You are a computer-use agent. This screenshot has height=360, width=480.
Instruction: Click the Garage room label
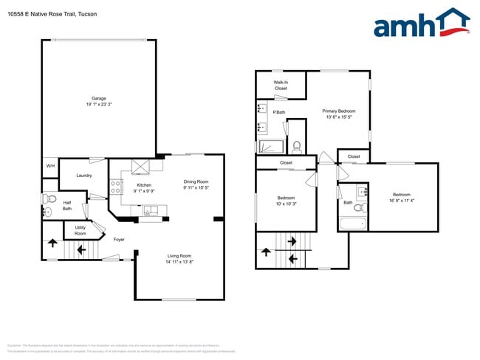98,99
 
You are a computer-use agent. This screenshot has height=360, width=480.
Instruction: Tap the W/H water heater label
50,166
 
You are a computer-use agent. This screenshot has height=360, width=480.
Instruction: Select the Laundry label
83,176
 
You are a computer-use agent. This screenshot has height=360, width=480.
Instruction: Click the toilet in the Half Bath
49,198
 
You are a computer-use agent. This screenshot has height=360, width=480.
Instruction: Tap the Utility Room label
80,231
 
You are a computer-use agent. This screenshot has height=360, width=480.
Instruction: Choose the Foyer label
119,240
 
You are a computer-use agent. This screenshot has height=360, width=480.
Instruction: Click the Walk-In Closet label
281,86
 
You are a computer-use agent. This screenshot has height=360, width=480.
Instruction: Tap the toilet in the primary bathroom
297,145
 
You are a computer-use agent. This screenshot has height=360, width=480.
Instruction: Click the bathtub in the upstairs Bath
352,224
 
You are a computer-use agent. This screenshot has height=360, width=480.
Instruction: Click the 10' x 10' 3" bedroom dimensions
287,203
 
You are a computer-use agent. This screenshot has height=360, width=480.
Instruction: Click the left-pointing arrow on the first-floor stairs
80,250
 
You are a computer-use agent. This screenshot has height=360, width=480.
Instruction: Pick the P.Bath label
279,112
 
